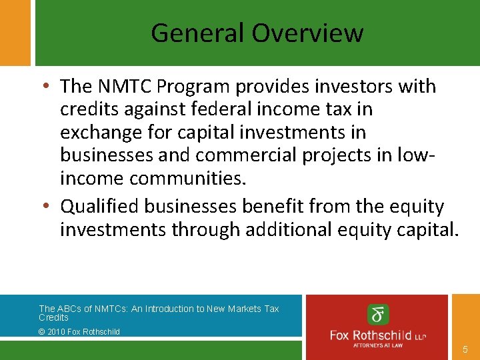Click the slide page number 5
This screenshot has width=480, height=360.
click(465, 349)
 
